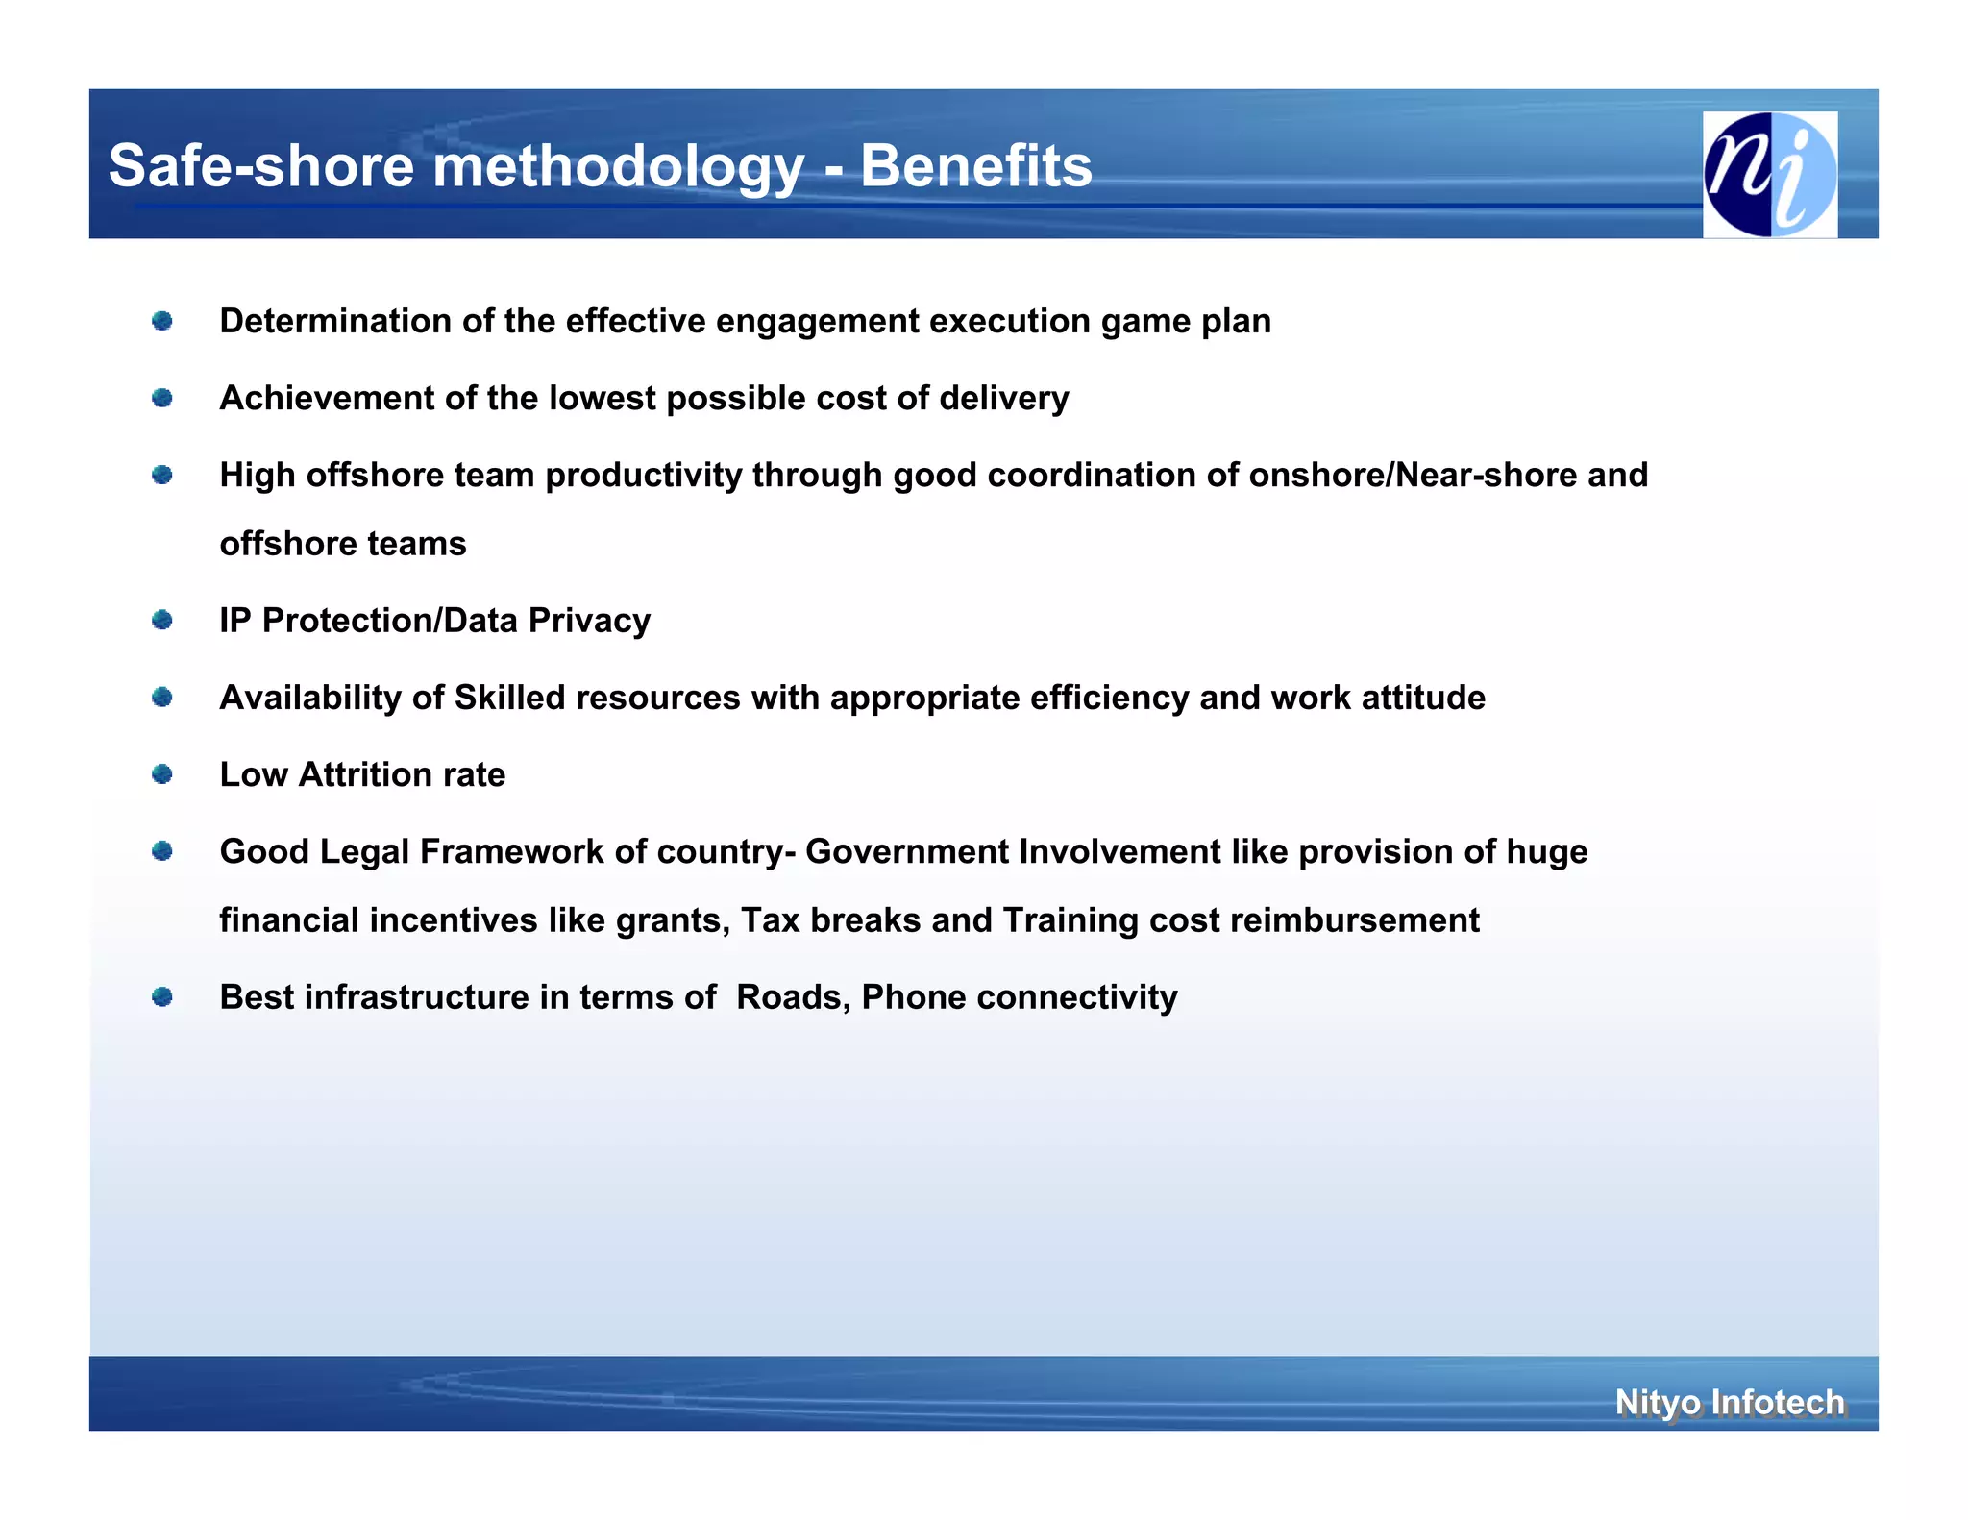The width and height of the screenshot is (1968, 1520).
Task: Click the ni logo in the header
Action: [1769, 174]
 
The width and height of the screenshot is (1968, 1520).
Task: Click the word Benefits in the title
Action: [975, 166]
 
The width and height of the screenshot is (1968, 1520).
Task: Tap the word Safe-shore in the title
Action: [261, 166]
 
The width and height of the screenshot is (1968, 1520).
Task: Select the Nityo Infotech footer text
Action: [1729, 1402]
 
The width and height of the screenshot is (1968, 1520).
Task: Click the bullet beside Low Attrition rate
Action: [162, 773]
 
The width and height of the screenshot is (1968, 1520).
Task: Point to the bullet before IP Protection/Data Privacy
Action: [162, 620]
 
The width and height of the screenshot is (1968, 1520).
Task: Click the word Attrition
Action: [364, 774]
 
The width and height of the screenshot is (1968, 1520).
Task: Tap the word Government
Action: [907, 851]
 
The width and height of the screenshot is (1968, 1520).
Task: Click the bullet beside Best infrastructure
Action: [162, 996]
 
